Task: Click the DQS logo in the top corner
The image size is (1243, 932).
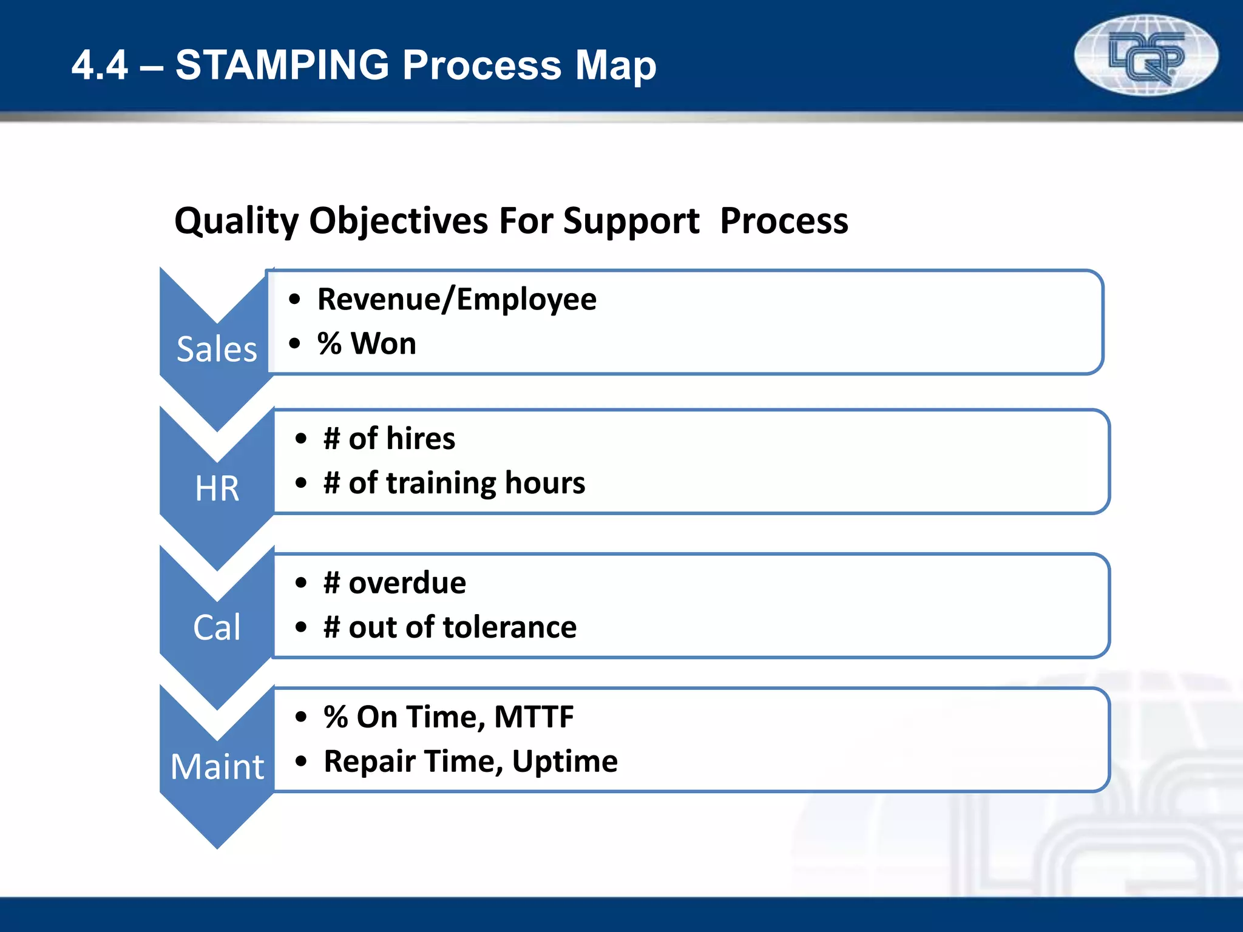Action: (1145, 56)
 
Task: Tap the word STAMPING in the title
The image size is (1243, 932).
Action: (282, 65)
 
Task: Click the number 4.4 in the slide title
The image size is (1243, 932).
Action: (100, 66)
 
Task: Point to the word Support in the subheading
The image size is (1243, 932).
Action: (631, 221)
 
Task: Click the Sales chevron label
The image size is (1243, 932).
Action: (217, 349)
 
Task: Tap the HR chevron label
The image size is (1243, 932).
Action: (217, 488)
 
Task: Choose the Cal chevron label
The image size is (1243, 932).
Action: (217, 627)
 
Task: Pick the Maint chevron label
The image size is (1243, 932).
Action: (217, 766)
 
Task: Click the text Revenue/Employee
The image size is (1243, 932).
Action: (456, 300)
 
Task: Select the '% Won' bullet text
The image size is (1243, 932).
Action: (367, 344)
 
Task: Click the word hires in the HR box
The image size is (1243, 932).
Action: (421, 439)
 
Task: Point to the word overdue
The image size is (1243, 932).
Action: (407, 583)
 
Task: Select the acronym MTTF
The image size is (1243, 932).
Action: (533, 717)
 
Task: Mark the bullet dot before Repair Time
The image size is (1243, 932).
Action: (301, 761)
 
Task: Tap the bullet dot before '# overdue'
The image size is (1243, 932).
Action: (301, 583)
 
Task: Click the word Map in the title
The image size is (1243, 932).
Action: (615, 65)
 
